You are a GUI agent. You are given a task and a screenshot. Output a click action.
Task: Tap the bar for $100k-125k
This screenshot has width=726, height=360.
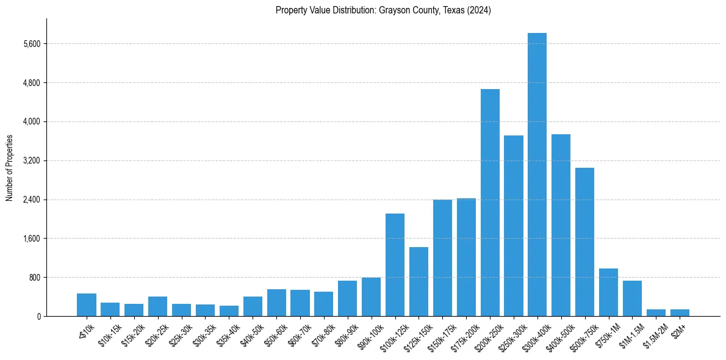point(395,265)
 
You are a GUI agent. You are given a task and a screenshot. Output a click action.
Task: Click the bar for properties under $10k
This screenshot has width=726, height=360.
point(87,304)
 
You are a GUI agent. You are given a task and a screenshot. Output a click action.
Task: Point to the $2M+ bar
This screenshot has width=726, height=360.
point(680,312)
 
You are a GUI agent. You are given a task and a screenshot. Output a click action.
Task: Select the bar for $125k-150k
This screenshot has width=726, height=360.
point(419,281)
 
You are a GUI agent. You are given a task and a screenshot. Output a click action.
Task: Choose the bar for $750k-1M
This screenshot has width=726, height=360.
point(608,292)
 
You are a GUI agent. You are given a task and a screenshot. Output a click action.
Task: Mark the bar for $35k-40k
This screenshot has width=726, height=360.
point(229,311)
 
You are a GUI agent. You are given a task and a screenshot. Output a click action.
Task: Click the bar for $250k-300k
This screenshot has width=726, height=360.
point(514,226)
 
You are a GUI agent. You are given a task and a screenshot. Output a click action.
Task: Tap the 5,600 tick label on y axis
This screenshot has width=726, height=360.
point(32,44)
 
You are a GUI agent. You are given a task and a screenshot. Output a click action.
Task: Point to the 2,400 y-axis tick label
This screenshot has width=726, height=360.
point(32,200)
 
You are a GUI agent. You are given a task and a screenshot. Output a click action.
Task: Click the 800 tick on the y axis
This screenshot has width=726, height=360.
point(35,278)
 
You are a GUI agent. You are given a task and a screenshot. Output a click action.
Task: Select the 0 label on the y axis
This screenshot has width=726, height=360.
point(38,317)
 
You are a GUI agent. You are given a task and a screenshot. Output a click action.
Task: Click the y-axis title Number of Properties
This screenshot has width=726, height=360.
point(9,168)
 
